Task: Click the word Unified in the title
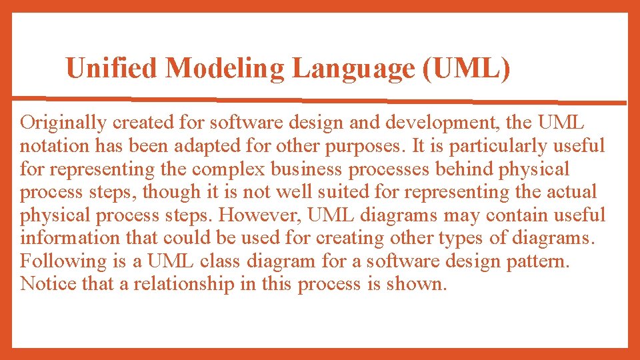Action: [111, 68]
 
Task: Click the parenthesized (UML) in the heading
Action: [467, 68]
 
